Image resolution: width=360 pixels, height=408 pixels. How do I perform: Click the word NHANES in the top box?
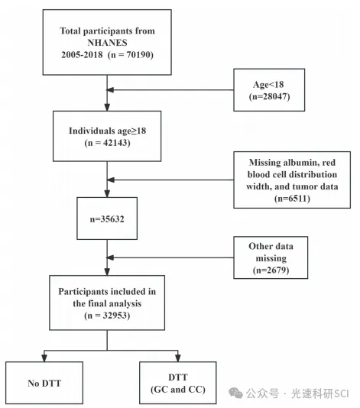(107, 43)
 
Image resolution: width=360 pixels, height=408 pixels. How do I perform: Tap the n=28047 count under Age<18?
(269, 96)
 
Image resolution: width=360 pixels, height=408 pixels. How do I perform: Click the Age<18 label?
(268, 85)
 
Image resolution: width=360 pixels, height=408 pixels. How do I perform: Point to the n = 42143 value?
(107, 143)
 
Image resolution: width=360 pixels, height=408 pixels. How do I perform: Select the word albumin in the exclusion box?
(300, 163)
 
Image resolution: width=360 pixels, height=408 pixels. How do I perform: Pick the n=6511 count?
(292, 199)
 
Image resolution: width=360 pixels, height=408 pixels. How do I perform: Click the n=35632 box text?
(107, 219)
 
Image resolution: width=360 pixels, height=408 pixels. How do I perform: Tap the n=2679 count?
(271, 270)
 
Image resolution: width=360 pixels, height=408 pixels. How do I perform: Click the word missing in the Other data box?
(271, 258)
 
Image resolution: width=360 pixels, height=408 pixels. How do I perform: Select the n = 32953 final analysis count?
(107, 316)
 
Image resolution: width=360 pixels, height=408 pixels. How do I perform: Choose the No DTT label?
(44, 384)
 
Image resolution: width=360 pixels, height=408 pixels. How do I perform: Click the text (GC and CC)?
(178, 390)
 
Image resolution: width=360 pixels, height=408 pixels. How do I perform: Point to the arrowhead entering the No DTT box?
(44, 358)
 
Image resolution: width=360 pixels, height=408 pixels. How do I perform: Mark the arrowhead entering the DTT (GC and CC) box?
(178, 358)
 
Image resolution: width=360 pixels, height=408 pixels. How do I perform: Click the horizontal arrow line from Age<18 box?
(170, 90)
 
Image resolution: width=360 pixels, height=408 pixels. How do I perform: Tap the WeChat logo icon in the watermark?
(236, 393)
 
